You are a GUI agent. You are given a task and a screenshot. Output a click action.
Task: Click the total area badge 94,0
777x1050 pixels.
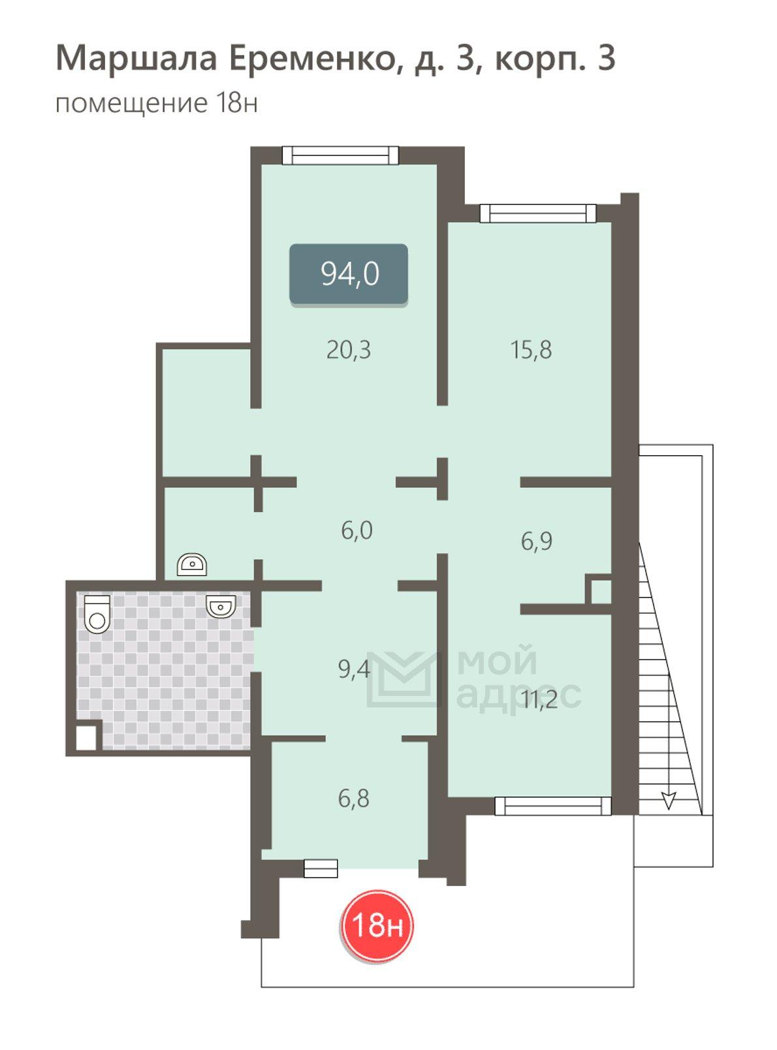coord(349,274)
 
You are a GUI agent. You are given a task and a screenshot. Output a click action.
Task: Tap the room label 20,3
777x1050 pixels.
coord(349,351)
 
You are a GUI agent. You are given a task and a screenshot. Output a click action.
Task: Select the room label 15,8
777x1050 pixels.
coord(531,350)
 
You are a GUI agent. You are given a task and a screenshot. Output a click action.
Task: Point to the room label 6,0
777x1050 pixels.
coord(357,530)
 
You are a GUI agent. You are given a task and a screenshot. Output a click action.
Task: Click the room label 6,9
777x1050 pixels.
coord(537,541)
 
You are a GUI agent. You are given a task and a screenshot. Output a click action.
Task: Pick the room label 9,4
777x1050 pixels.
coord(354,669)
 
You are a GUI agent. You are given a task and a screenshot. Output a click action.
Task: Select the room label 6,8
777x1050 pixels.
coord(354,799)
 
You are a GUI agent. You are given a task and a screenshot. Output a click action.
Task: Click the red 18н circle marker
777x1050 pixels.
coord(377,925)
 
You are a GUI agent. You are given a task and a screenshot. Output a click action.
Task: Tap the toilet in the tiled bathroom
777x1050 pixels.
coord(97,614)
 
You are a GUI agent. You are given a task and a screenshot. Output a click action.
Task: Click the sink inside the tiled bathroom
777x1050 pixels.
coord(221,606)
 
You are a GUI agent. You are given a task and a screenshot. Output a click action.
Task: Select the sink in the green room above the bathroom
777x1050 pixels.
coord(192,565)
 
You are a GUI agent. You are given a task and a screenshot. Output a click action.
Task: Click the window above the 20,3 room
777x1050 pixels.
coord(340,155)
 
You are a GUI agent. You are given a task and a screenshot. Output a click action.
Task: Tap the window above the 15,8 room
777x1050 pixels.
coord(538,213)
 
